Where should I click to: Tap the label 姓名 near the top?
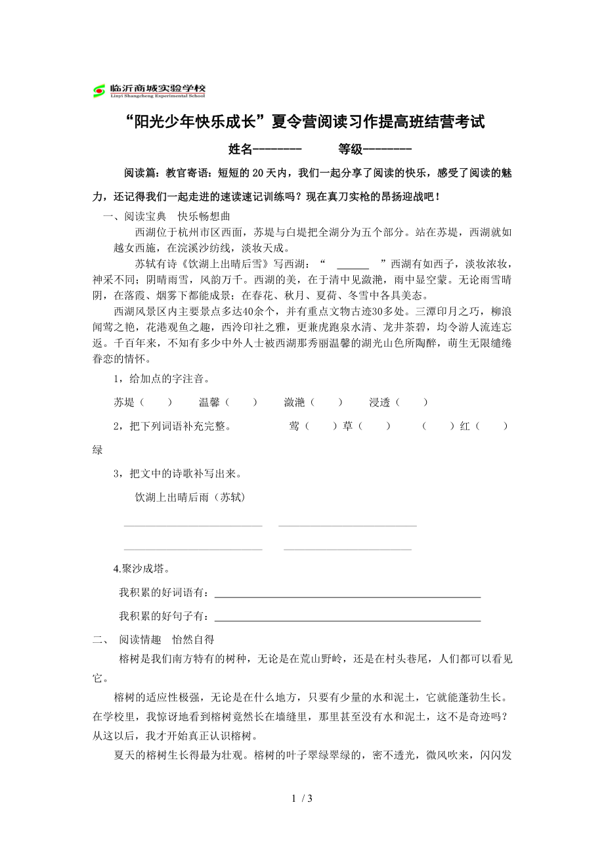pos(240,149)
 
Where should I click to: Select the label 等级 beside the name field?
pos(351,149)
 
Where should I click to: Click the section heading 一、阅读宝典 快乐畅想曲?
pos(166,217)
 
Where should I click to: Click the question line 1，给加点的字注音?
pos(162,379)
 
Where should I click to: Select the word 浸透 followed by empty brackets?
pos(379,403)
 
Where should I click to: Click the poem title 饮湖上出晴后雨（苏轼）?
pos(190,498)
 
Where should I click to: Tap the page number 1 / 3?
pos(301,799)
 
